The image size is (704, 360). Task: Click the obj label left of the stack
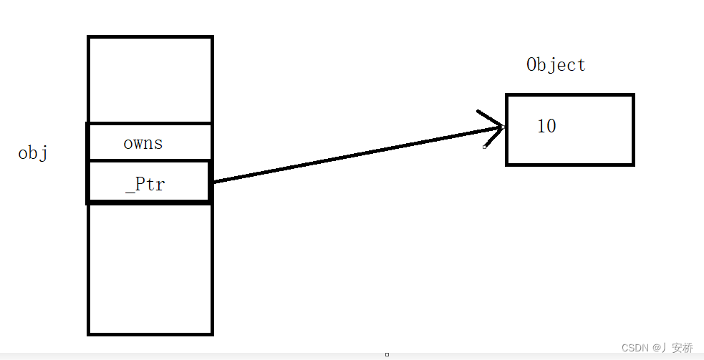point(33,153)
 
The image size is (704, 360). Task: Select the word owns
point(143,143)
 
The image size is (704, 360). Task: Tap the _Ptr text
point(145,184)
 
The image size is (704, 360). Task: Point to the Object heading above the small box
point(556,65)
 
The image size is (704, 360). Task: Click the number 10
point(546,127)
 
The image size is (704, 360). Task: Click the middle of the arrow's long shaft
point(358,154)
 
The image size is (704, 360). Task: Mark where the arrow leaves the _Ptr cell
point(213,182)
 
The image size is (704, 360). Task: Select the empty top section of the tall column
point(150,79)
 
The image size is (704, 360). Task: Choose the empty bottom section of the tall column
point(150,268)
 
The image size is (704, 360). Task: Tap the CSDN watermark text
point(635,348)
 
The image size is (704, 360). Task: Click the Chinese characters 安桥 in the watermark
point(683,348)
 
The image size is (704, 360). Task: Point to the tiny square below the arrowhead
point(485,146)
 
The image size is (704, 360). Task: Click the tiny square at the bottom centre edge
point(387,354)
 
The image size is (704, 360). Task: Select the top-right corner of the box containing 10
point(633,95)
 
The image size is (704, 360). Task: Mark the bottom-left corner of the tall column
point(89,334)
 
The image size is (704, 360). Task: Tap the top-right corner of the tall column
point(212,37)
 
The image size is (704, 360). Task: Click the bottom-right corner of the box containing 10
point(633,165)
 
